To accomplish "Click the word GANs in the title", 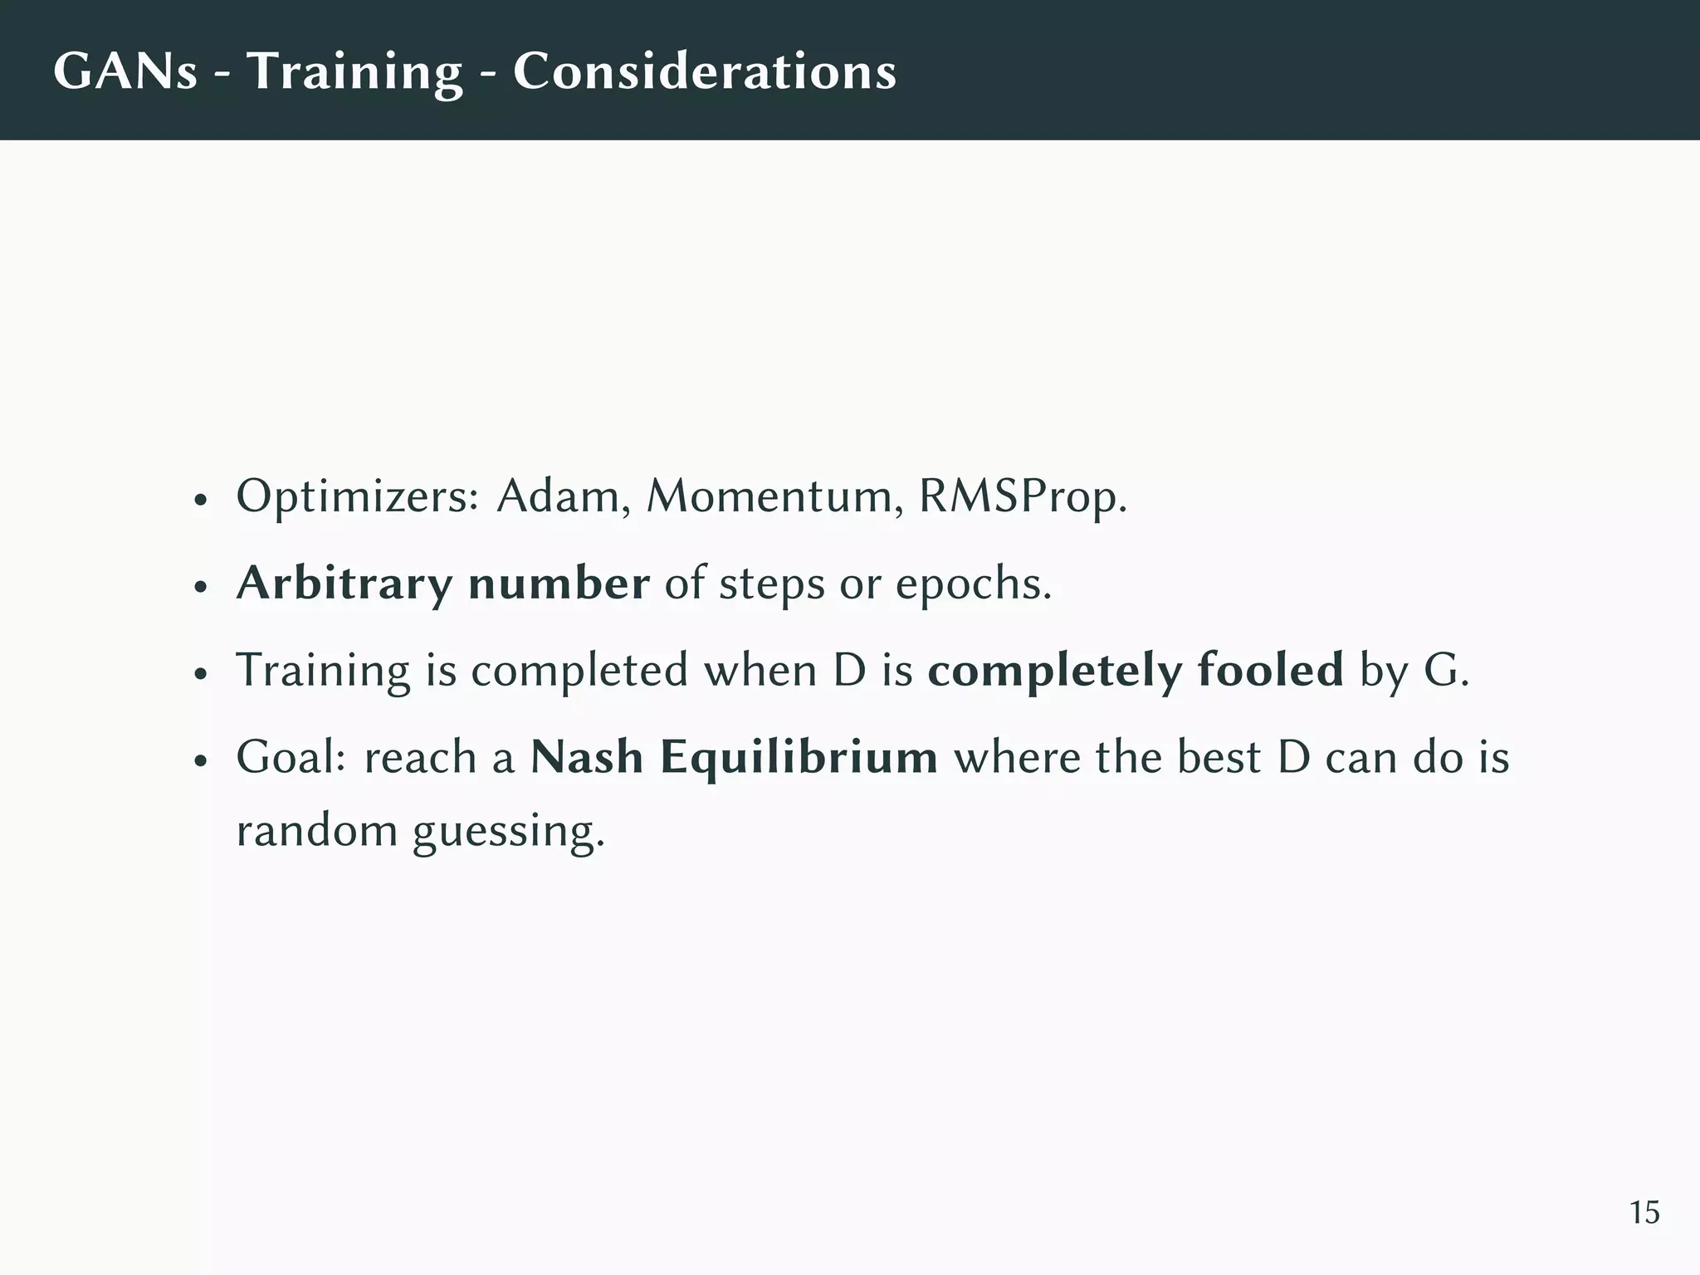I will (x=125, y=71).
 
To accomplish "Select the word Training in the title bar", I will (x=354, y=72).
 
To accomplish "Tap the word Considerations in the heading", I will (x=705, y=71).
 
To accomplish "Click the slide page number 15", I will (x=1644, y=1213).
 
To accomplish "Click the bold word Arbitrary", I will (x=344, y=584).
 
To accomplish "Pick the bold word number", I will (x=559, y=583).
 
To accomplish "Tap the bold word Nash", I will (x=587, y=757).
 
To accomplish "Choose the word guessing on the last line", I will (x=509, y=831).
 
